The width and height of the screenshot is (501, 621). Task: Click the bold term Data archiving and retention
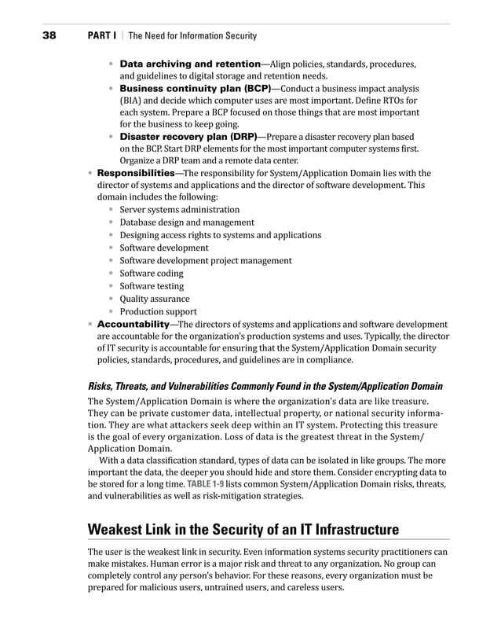(x=189, y=63)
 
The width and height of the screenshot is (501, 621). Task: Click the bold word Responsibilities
(x=135, y=172)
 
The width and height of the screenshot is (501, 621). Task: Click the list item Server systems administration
(x=179, y=210)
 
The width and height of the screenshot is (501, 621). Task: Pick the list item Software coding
(x=151, y=274)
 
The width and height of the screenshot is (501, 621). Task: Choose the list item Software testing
(x=152, y=286)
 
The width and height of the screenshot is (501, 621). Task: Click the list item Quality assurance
(x=154, y=299)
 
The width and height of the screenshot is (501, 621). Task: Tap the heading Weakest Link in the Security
(x=243, y=528)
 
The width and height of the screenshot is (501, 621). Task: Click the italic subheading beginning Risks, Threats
(x=265, y=386)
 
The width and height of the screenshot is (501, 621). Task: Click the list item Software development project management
(x=205, y=260)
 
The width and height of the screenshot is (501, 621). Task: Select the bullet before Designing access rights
(x=112, y=235)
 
